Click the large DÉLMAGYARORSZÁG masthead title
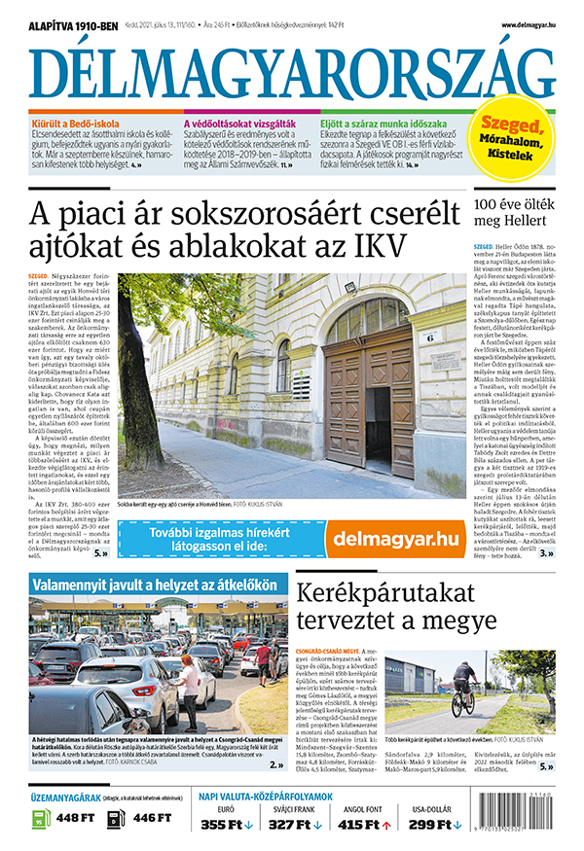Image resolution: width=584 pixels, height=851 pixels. (291, 69)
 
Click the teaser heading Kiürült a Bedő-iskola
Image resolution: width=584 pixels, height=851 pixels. (79, 124)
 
